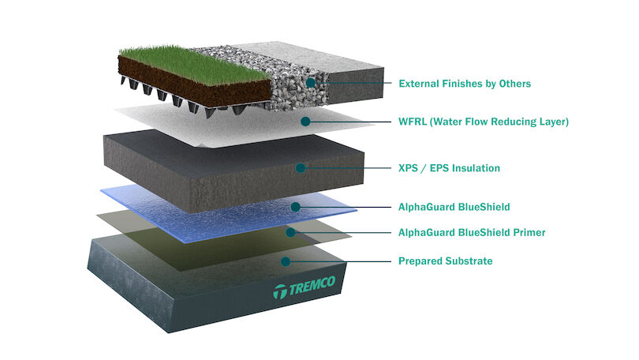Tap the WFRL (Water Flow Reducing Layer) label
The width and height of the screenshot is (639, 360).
pyautogui.click(x=484, y=122)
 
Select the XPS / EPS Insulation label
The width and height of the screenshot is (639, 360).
pyautogui.click(x=449, y=168)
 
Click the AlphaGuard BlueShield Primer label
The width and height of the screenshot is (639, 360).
pyautogui.click(x=472, y=233)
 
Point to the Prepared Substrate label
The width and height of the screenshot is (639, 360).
pyautogui.click(x=447, y=261)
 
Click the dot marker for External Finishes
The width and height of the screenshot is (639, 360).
pyautogui.click(x=311, y=83)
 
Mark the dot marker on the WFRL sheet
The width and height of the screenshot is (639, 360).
pyautogui.click(x=305, y=122)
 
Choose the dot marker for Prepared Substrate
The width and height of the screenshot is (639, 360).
pyautogui.click(x=285, y=261)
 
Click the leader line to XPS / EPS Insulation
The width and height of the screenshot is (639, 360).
pyautogui.click(x=347, y=168)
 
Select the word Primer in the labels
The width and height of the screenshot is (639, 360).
pyautogui.click(x=529, y=233)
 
